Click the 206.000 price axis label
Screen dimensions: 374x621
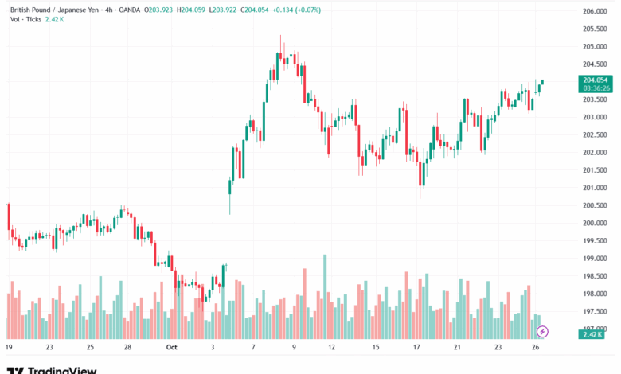[596, 11]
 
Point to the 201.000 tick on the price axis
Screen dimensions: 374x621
[596, 188]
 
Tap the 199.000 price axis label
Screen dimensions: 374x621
[596, 259]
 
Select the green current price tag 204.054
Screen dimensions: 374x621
[596, 80]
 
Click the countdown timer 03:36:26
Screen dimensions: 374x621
[596, 88]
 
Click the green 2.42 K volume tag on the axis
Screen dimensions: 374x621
[592, 335]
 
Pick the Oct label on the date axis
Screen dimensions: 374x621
[172, 348]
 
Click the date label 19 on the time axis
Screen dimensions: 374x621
[9, 348]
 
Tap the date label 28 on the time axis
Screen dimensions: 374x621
[127, 348]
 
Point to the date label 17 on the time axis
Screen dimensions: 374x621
[416, 348]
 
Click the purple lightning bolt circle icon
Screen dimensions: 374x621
[543, 330]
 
